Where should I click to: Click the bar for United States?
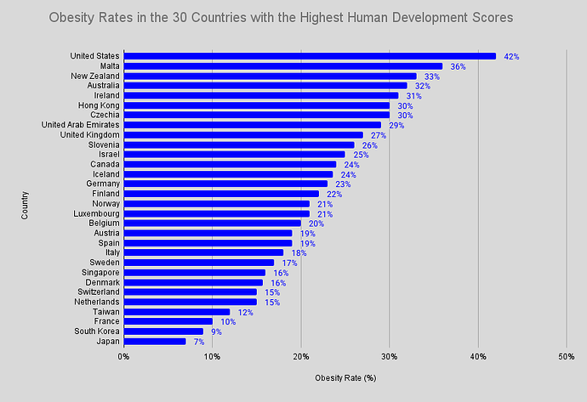coord(310,56)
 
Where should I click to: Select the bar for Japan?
coord(155,342)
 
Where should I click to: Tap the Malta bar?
coord(283,66)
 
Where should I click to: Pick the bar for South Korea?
coord(163,331)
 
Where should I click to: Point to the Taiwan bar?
coord(177,312)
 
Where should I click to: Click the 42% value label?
coord(511,56)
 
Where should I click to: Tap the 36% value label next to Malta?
coord(458,66)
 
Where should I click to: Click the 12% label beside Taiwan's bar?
coord(246,312)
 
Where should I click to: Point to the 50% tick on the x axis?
coord(566,355)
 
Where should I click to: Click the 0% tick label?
coord(124,355)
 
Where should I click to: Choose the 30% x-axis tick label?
coord(389,355)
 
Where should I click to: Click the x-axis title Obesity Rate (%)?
coord(345,377)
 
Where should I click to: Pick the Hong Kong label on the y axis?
coord(99,105)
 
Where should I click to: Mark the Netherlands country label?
coord(95,302)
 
